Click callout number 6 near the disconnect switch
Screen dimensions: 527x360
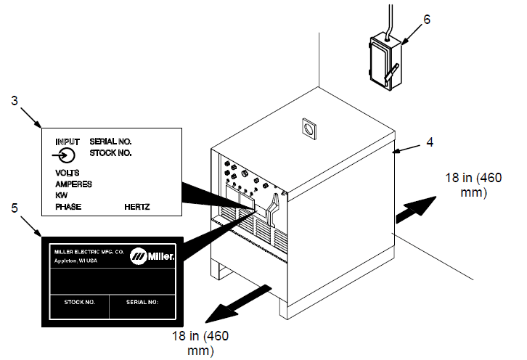(x=427, y=20)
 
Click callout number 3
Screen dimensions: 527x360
(x=14, y=100)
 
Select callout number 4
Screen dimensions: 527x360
(x=430, y=142)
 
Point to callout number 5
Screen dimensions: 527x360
(x=14, y=208)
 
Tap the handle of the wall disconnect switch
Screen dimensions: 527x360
(x=392, y=72)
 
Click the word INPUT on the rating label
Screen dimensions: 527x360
(x=68, y=142)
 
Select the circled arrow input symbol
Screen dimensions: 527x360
(x=64, y=155)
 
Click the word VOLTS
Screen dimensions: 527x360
(x=68, y=173)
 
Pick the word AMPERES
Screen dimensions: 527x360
(x=73, y=184)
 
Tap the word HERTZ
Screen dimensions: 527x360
(x=137, y=207)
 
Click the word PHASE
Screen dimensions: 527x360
(x=68, y=207)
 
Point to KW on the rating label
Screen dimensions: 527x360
(x=61, y=195)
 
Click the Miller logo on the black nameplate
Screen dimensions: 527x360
(x=152, y=256)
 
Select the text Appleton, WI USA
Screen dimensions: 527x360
(x=75, y=261)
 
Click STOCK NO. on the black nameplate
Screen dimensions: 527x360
(x=80, y=302)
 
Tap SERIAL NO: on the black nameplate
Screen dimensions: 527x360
(x=142, y=302)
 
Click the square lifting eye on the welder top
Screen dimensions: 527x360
(x=309, y=128)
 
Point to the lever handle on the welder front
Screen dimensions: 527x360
(x=273, y=212)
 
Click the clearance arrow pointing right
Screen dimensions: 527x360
(x=416, y=210)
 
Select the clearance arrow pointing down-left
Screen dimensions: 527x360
(x=238, y=304)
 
